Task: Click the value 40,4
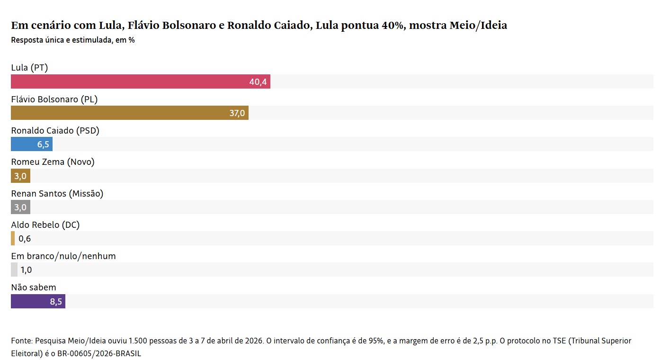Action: click(x=258, y=82)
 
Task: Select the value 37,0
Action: click(x=237, y=113)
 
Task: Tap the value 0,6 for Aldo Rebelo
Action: click(x=25, y=239)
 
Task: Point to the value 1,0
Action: click(x=26, y=270)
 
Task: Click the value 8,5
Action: click(x=56, y=302)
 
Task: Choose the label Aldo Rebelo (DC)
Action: click(x=45, y=225)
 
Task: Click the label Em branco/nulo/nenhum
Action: click(x=63, y=256)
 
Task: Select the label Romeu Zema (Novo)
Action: click(x=53, y=162)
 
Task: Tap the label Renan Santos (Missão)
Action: click(x=57, y=193)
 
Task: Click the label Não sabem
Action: click(x=34, y=288)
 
